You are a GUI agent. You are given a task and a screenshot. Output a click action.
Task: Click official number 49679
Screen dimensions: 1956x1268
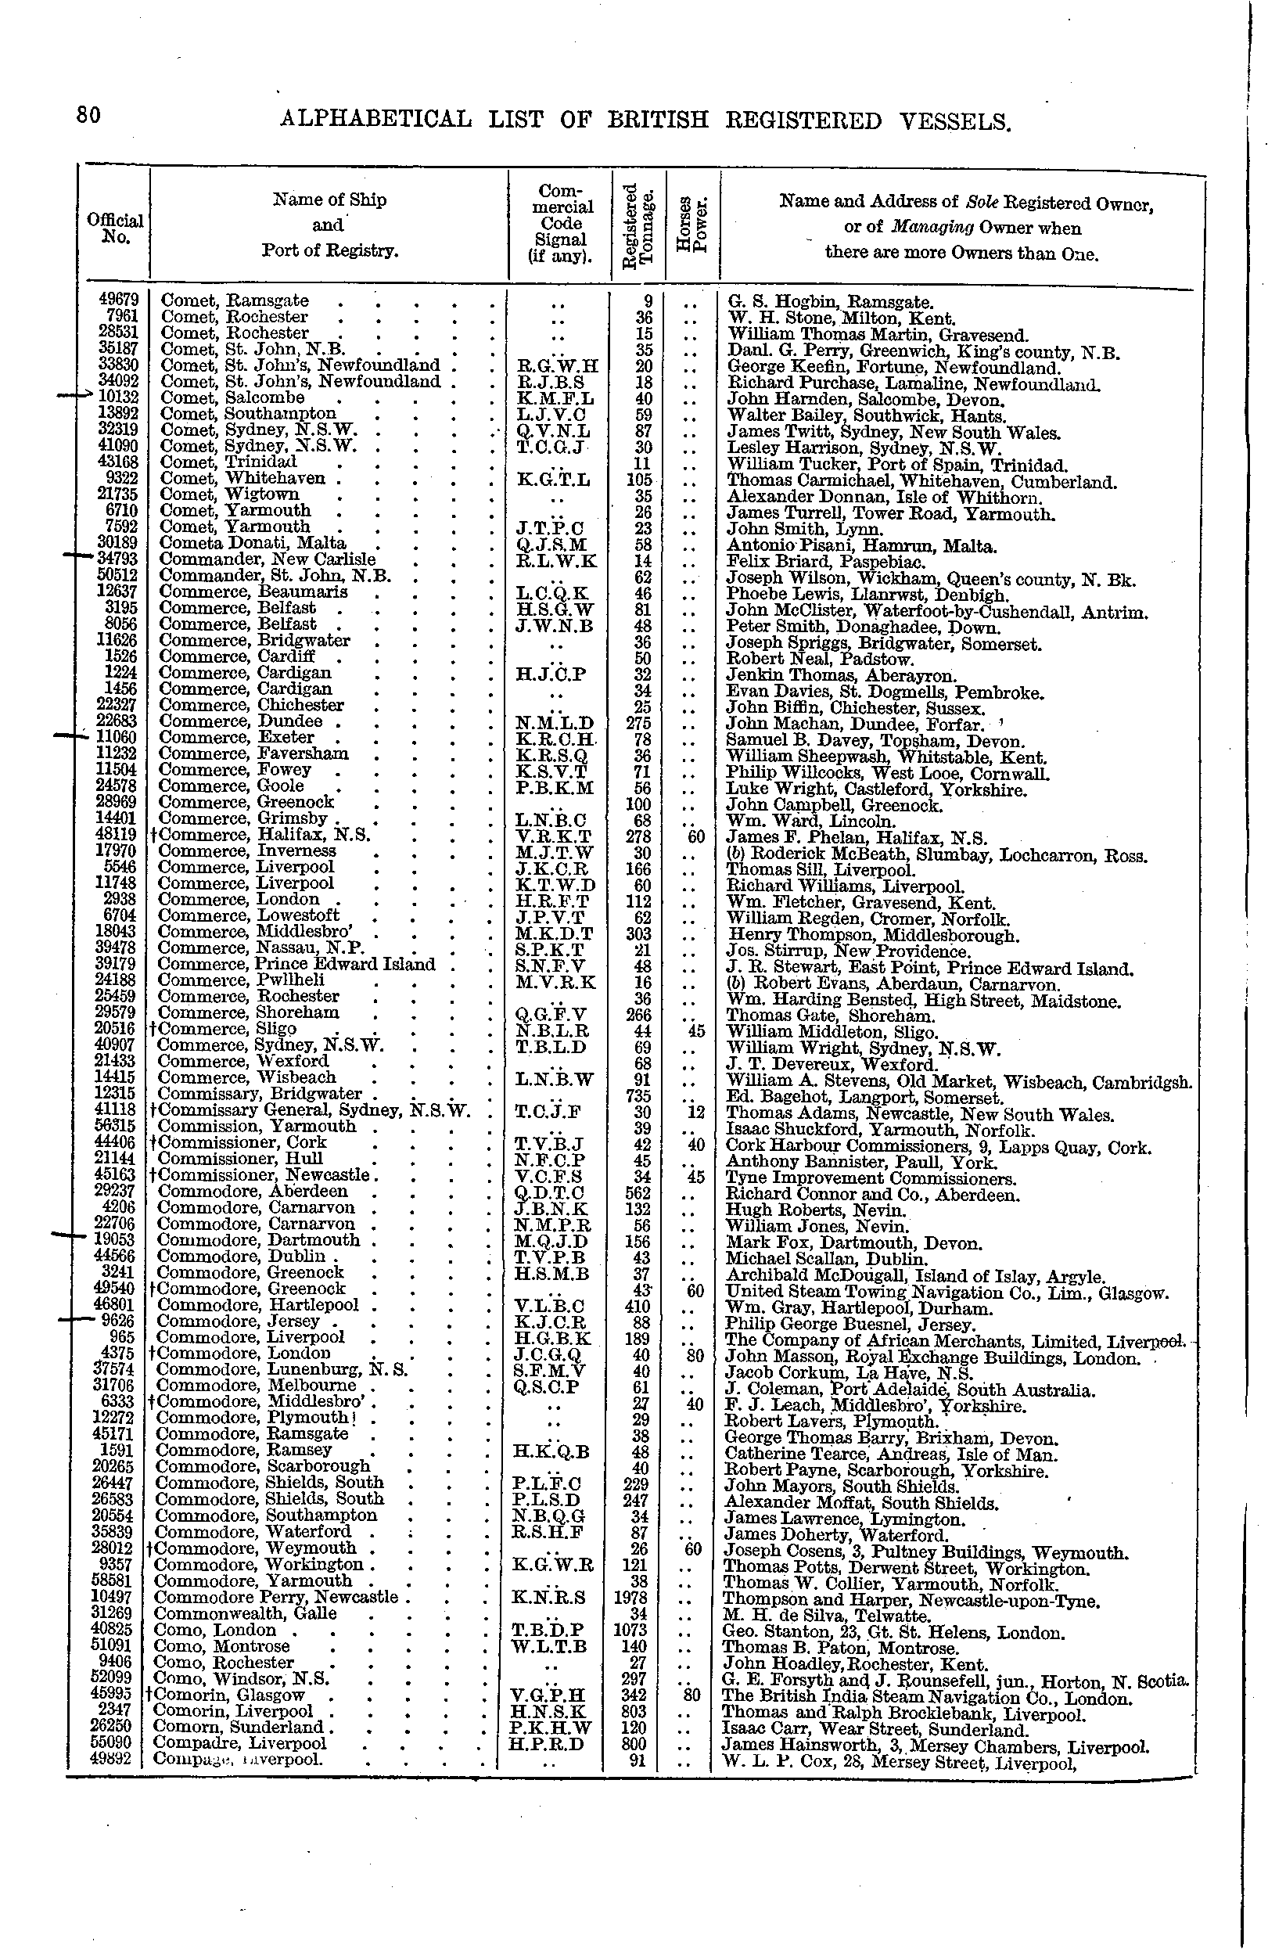[x=117, y=300]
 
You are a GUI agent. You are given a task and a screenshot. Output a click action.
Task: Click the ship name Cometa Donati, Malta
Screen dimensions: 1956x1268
[x=253, y=543]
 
